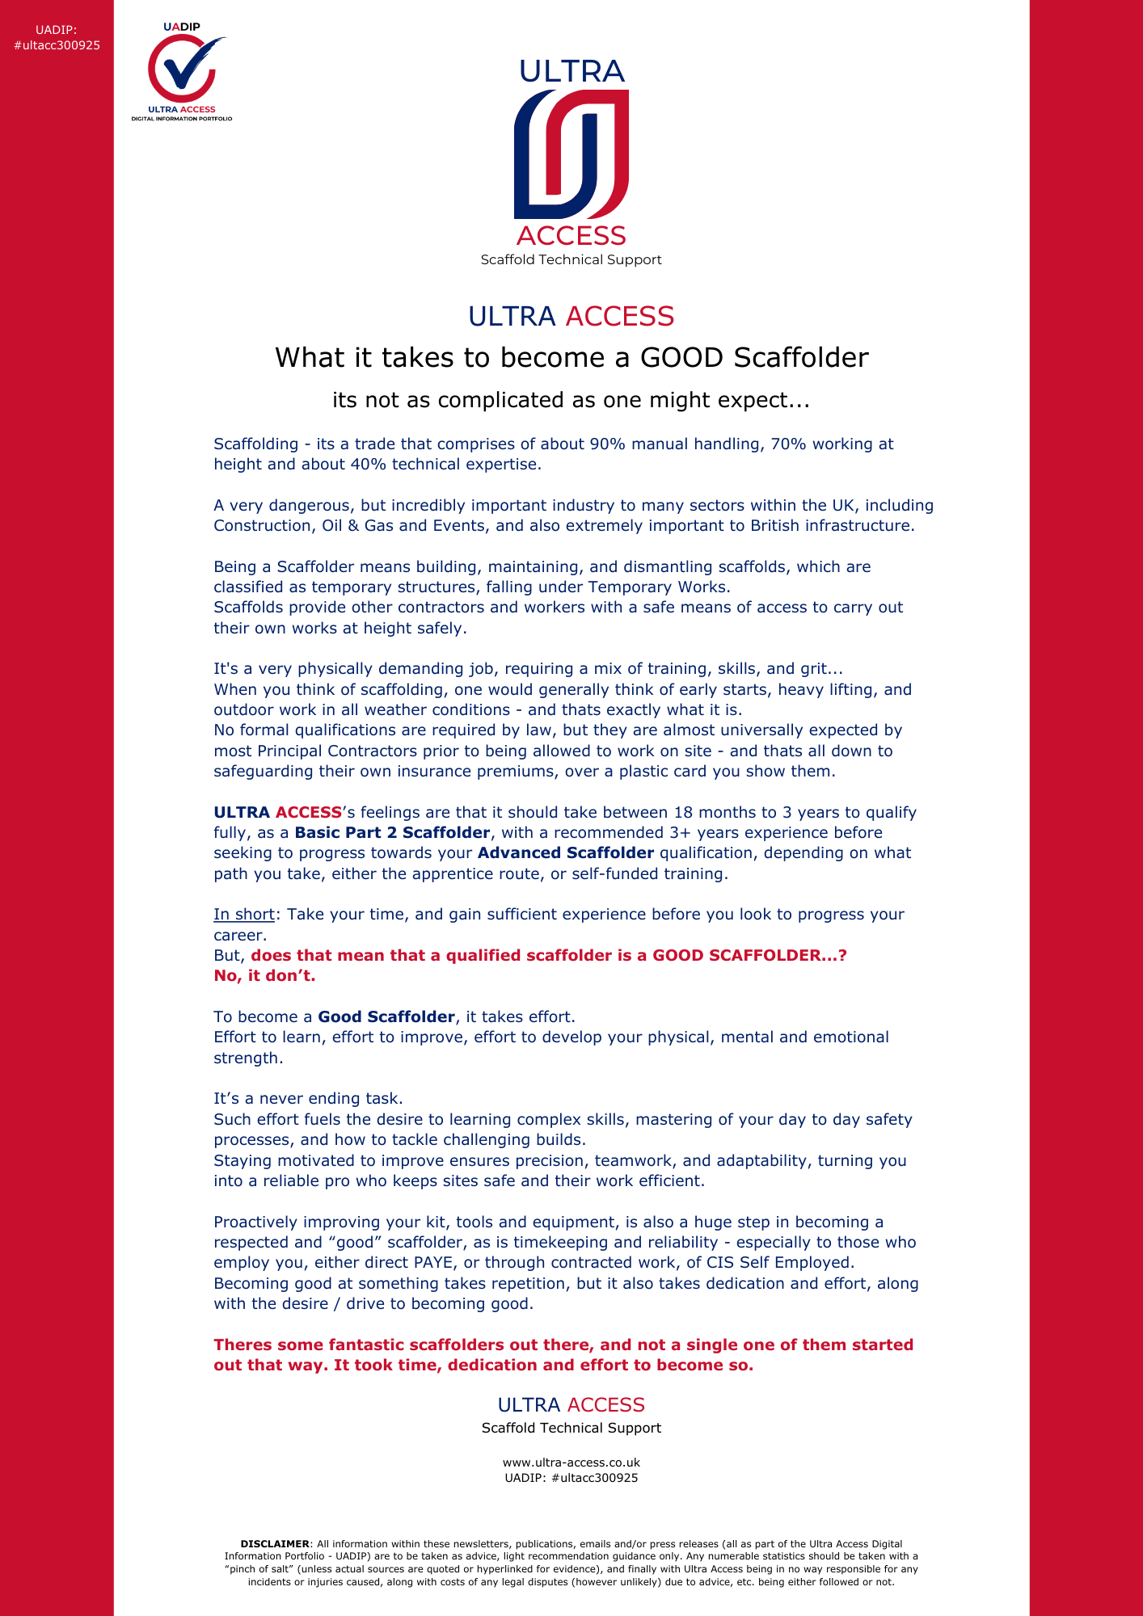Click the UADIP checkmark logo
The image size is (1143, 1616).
[x=181, y=71]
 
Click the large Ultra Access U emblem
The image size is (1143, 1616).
[x=571, y=154]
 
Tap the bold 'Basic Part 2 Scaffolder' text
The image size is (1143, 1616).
[x=392, y=832]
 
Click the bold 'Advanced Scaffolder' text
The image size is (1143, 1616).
[x=566, y=852]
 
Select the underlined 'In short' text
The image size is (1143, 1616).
[x=244, y=914]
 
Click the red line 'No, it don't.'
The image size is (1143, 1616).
[x=264, y=975]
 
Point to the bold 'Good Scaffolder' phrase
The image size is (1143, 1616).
[x=386, y=1016]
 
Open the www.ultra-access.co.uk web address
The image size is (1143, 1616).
[x=571, y=1462]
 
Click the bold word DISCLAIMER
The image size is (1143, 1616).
[x=275, y=1544]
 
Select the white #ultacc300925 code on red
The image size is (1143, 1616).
[x=57, y=45]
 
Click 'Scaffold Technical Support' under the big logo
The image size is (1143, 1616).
[x=571, y=259]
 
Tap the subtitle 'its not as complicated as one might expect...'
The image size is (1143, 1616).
[x=571, y=400]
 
